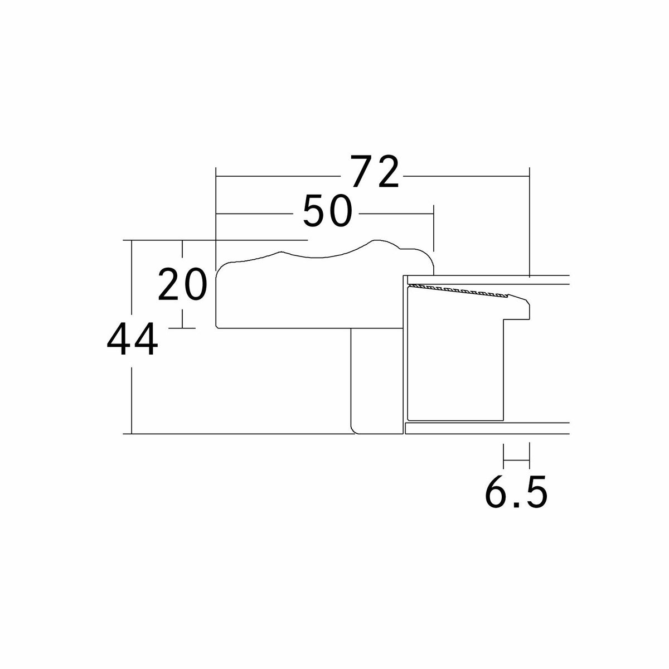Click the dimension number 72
[374, 171]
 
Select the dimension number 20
[183, 284]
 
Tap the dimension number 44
[133, 339]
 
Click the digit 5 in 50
[315, 211]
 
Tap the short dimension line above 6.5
[516, 460]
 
